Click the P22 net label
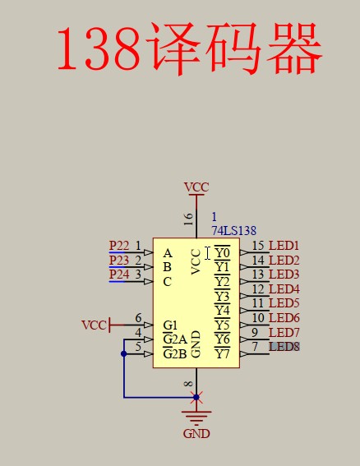pos(119,246)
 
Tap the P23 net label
pos(119,261)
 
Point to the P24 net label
pos(119,275)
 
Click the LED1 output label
pos(284,246)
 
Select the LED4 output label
pos(284,289)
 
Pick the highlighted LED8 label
pos(284,347)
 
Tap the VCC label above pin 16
pos(196,187)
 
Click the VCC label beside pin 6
pos(94,325)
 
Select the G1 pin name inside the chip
pos(170,325)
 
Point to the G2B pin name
pos(173,354)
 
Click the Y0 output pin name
pos(222,252)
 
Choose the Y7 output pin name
pos(222,354)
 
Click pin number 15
pos(258,246)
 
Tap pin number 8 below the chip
pos(189,384)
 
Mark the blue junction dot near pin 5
pos(124,354)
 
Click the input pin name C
pos(167,281)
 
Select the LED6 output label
pos(284,318)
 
